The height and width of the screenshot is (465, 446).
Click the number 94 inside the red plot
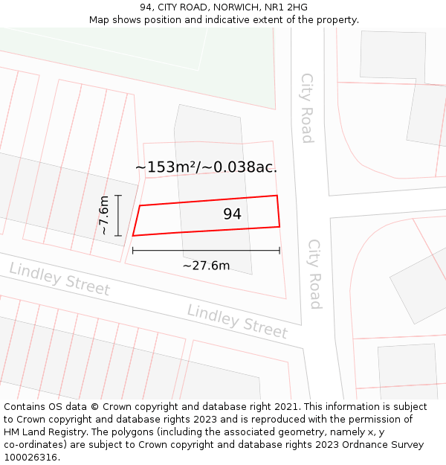232,214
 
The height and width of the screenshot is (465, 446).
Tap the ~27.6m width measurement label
206,266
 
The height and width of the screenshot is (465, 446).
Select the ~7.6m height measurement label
105,215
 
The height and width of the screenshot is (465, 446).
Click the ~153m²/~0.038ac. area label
206,167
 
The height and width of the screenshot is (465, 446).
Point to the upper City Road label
306,107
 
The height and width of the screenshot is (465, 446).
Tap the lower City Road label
314,274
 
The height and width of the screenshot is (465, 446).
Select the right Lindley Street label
237,321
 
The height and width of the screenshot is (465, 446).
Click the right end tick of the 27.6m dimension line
279,251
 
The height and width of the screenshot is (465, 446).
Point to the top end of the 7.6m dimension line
118,195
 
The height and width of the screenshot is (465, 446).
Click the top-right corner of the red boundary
277,196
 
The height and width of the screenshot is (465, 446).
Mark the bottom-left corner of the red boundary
133,236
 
